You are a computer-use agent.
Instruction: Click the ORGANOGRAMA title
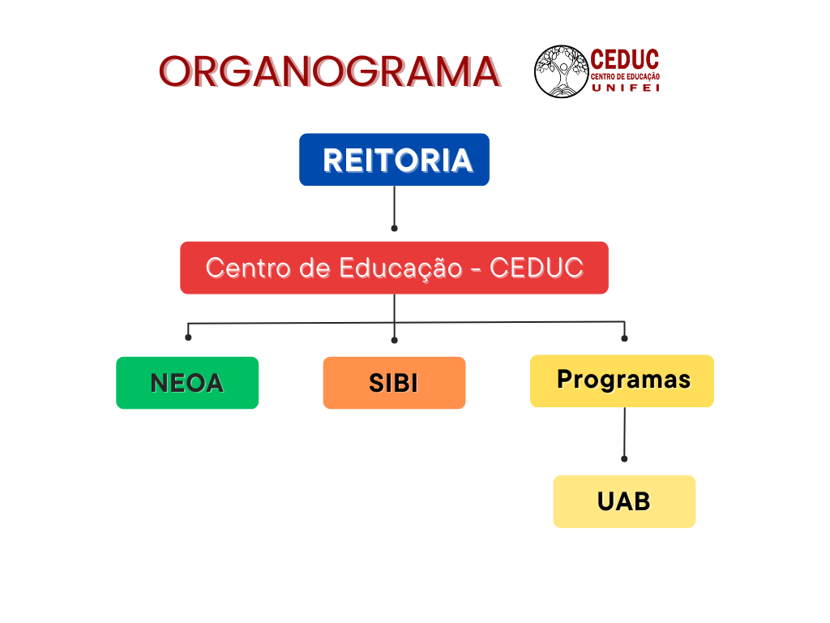pyautogui.click(x=329, y=71)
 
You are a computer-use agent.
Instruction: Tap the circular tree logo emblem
pyautogui.click(x=562, y=71)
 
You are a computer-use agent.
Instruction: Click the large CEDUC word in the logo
pyautogui.click(x=625, y=59)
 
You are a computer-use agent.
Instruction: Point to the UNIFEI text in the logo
pyautogui.click(x=626, y=88)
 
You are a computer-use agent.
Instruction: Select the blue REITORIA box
pyautogui.click(x=395, y=160)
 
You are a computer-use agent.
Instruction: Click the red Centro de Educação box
pyautogui.click(x=395, y=268)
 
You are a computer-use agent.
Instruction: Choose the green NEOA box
pyautogui.click(x=187, y=383)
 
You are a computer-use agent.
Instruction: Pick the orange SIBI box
pyautogui.click(x=395, y=383)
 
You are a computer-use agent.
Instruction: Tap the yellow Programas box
pyautogui.click(x=622, y=381)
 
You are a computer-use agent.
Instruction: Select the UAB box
pyautogui.click(x=625, y=501)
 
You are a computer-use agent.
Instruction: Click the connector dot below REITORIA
pyautogui.click(x=395, y=228)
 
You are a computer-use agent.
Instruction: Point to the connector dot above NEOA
pyautogui.click(x=188, y=337)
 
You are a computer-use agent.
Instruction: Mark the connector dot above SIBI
pyautogui.click(x=395, y=340)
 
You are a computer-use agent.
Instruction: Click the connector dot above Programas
pyautogui.click(x=625, y=338)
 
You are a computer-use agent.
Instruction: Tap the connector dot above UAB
pyautogui.click(x=624, y=459)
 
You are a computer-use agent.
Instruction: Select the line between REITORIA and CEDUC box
pyautogui.click(x=395, y=206)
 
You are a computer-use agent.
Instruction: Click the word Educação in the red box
pyautogui.click(x=400, y=269)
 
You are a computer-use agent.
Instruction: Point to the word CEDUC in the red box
pyautogui.click(x=537, y=268)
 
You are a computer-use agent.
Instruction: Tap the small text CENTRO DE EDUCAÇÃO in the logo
pyautogui.click(x=625, y=77)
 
